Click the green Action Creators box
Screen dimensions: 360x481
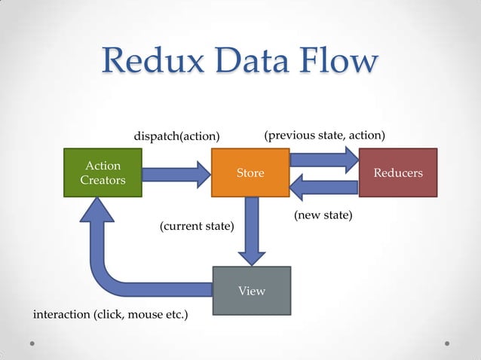(103, 173)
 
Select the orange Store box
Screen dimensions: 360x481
(250, 173)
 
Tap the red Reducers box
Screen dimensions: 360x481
(398, 173)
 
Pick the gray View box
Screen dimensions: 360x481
(251, 291)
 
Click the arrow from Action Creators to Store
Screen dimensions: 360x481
(175, 174)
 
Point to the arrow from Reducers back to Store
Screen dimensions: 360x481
(324, 188)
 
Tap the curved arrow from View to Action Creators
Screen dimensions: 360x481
(113, 264)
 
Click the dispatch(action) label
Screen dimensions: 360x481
(176, 136)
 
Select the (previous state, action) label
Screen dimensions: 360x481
(325, 136)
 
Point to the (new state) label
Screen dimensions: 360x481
(323, 216)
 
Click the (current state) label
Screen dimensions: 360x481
(197, 226)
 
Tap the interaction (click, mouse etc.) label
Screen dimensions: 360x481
(111, 314)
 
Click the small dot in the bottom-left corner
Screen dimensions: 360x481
(32, 343)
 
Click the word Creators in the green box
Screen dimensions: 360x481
(103, 181)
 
